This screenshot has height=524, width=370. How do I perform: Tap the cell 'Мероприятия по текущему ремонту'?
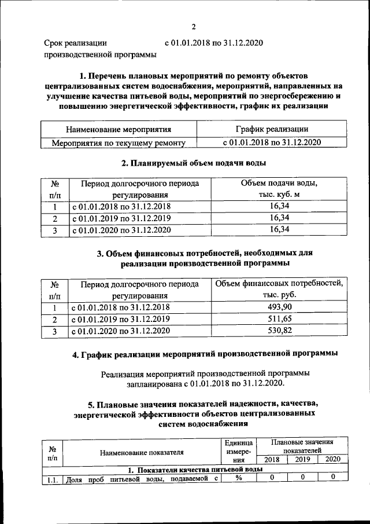pyautogui.click(x=119, y=141)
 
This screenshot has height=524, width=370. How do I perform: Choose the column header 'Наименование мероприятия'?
pyautogui.click(x=119, y=129)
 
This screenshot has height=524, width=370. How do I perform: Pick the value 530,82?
pyautogui.click(x=279, y=331)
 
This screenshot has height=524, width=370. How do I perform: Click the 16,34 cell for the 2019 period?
pyautogui.click(x=279, y=218)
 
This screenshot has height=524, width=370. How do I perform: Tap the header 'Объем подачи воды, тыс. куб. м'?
pyautogui.click(x=279, y=189)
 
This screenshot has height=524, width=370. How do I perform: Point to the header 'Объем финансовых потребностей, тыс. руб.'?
pyautogui.click(x=279, y=290)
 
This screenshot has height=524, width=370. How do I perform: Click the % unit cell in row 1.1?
pyautogui.click(x=237, y=478)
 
